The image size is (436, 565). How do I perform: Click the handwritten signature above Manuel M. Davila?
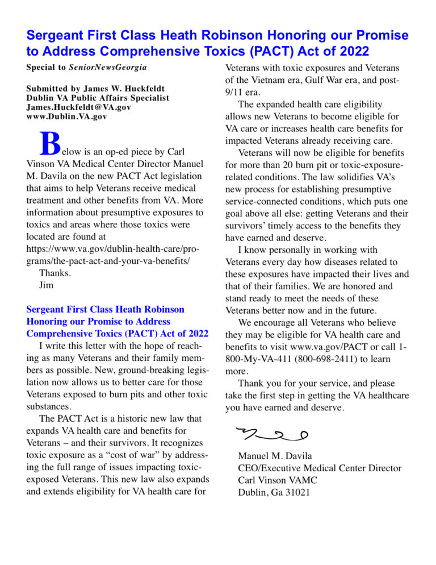tap(272, 434)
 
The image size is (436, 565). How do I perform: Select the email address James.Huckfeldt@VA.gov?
tap(78, 107)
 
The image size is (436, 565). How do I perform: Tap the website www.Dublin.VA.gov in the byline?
tap(66, 117)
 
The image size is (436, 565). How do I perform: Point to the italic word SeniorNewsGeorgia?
tap(108, 67)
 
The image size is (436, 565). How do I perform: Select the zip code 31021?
tap(297, 492)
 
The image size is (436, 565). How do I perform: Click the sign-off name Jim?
tap(46, 285)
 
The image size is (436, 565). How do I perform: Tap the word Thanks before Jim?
tap(55, 273)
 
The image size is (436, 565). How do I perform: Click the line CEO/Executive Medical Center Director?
tap(320, 468)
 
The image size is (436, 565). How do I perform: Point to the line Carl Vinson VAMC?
tap(278, 480)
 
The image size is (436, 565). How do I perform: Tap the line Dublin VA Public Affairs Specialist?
tap(98, 98)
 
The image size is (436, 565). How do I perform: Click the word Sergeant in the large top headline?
tap(61, 36)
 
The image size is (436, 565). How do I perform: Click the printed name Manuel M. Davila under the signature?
tap(275, 456)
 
